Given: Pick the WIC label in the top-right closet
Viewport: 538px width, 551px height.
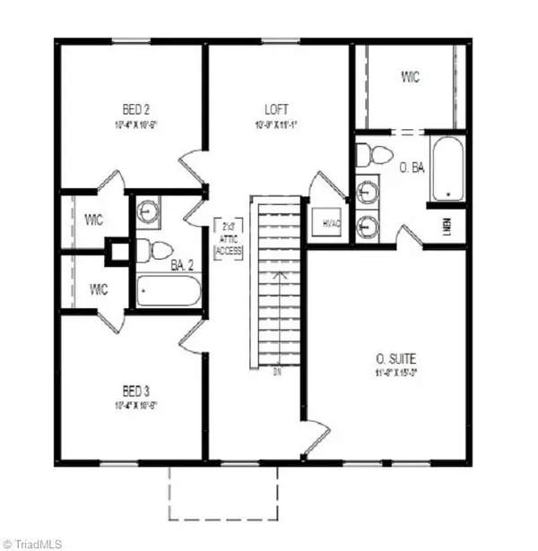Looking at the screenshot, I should [x=410, y=78].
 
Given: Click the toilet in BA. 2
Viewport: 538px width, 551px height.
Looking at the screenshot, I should [x=158, y=248].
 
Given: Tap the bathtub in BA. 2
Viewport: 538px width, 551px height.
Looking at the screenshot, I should [x=169, y=290].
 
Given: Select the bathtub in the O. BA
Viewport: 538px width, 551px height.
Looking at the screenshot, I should [x=447, y=169].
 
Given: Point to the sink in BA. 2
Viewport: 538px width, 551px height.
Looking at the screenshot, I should [x=147, y=212].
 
